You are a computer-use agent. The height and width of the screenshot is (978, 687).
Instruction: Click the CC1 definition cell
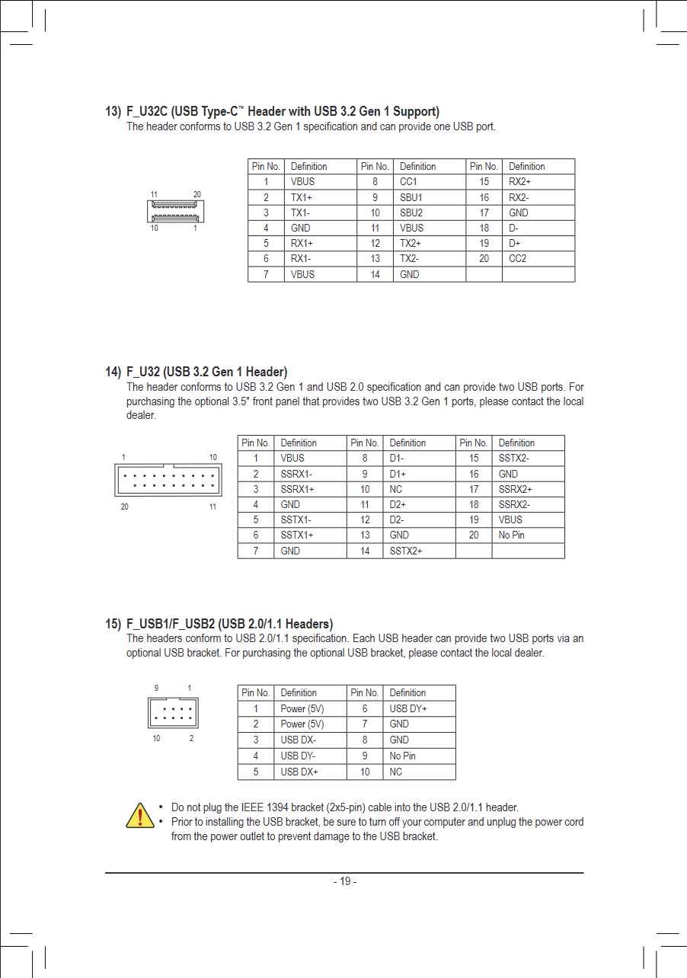pyautogui.click(x=409, y=182)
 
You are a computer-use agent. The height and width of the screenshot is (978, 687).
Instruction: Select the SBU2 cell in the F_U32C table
pyautogui.click(x=411, y=213)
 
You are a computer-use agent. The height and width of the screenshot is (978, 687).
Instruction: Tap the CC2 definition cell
pyautogui.click(x=518, y=258)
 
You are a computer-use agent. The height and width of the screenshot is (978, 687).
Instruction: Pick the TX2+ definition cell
pyautogui.click(x=411, y=243)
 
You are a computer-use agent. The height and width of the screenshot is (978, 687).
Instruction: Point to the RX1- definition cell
pyautogui.click(x=302, y=258)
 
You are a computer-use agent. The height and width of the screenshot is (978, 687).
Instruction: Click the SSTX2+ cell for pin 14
pyautogui.click(x=406, y=551)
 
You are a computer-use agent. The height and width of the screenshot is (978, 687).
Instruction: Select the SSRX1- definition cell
pyautogui.click(x=297, y=474)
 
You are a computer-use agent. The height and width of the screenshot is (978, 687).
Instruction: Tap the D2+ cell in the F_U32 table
pyautogui.click(x=398, y=504)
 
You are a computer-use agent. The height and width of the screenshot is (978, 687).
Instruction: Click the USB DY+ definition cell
pyautogui.click(x=408, y=708)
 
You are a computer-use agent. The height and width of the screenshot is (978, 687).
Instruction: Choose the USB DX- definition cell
pyautogui.click(x=299, y=740)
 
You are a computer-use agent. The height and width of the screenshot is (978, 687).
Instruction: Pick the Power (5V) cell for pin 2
pyautogui.click(x=302, y=724)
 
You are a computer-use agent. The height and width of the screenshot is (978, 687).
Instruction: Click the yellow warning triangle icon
pyautogui.click(x=139, y=815)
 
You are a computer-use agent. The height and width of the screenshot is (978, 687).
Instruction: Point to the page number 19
pyautogui.click(x=345, y=881)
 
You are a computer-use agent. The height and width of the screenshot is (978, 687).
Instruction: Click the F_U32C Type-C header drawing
pyautogui.click(x=177, y=211)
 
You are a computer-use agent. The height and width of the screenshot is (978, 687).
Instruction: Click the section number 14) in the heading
pyautogui.click(x=113, y=372)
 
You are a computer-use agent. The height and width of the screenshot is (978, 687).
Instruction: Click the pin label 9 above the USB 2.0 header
pyautogui.click(x=156, y=688)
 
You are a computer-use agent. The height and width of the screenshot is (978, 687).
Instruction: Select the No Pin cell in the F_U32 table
pyautogui.click(x=512, y=535)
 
